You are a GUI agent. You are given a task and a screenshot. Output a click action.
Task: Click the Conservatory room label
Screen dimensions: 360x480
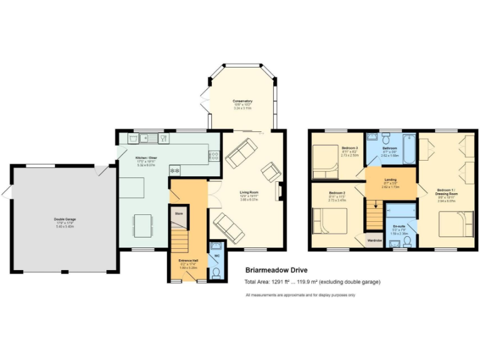coord(242,101)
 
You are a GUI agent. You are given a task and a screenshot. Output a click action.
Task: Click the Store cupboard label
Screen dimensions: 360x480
coord(178,213)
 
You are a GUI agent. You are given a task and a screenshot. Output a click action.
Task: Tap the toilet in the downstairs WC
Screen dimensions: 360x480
coord(216,272)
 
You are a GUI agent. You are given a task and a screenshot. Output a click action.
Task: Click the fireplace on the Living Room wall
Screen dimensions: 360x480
coord(281,191)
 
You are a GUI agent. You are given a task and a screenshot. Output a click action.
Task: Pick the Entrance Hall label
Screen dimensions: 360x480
coord(187,260)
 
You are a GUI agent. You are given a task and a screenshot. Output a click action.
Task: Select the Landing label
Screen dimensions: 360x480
coord(390,180)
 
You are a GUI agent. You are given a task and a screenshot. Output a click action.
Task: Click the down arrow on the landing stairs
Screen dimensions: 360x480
coord(376,203)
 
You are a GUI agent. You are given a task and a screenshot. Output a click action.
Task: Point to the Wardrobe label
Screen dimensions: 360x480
coord(374,240)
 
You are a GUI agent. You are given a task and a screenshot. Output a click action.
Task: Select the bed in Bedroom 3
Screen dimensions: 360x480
coord(326,159)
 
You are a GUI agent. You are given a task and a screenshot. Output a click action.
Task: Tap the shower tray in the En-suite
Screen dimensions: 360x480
coord(401,210)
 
